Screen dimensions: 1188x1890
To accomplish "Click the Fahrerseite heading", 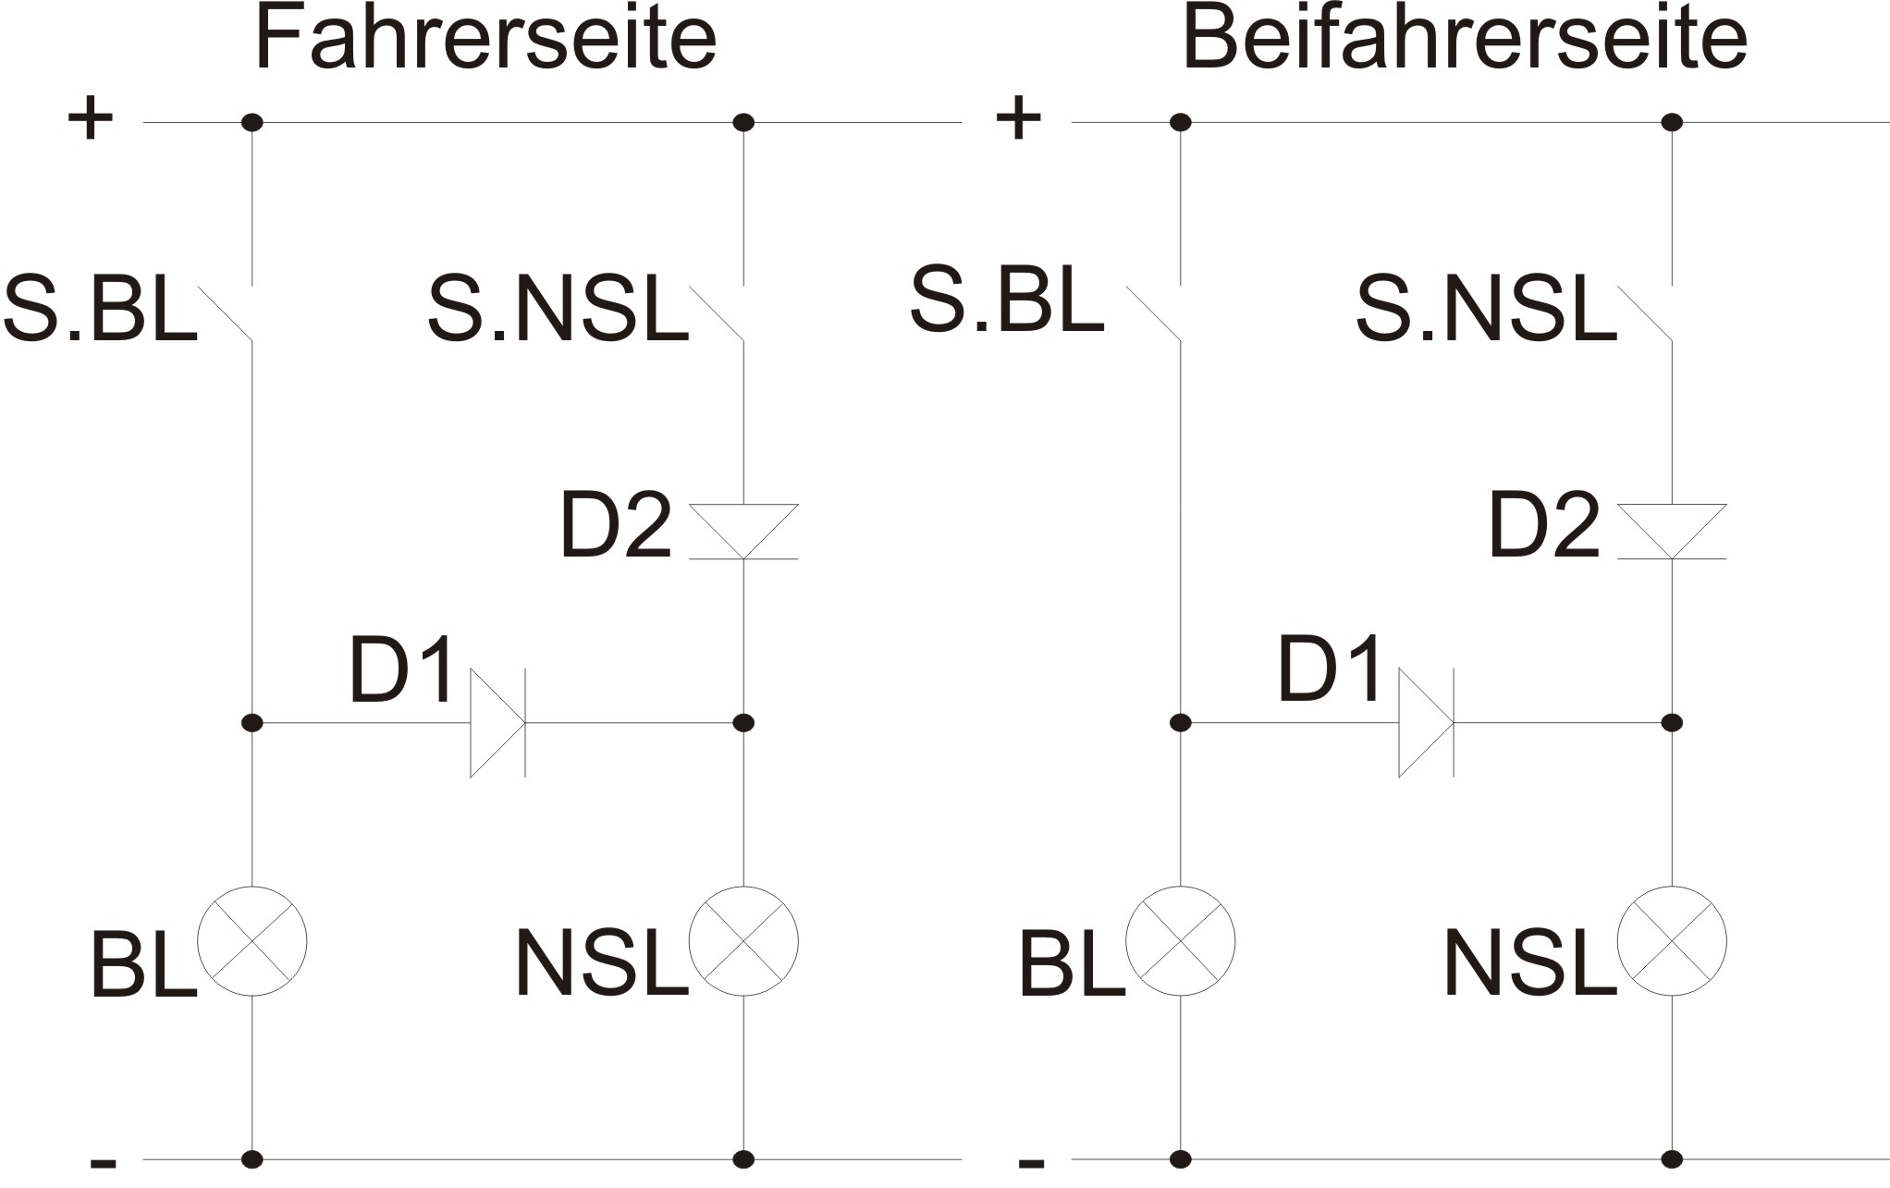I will point(485,39).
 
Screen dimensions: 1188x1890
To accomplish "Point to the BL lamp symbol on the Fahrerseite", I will point(252,941).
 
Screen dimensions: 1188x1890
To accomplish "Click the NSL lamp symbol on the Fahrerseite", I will point(743,941).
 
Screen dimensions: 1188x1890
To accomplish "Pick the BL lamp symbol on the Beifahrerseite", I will point(1180,941).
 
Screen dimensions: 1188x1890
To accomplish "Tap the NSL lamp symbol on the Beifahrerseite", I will point(1672,941).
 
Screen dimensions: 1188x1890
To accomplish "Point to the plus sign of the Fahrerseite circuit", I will point(91,119).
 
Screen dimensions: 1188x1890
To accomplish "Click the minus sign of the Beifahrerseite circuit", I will point(1031,1162).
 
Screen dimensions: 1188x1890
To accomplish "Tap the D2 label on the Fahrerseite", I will point(615,526).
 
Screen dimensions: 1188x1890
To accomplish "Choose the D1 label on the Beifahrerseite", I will point(1330,669).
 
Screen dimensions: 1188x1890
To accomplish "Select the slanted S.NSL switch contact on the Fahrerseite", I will point(718,313).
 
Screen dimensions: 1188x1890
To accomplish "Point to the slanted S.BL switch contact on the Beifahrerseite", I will point(1154,313).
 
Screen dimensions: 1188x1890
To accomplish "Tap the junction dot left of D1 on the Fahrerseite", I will point(252,722).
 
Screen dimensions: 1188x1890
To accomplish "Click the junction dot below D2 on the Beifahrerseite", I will point(1672,722).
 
